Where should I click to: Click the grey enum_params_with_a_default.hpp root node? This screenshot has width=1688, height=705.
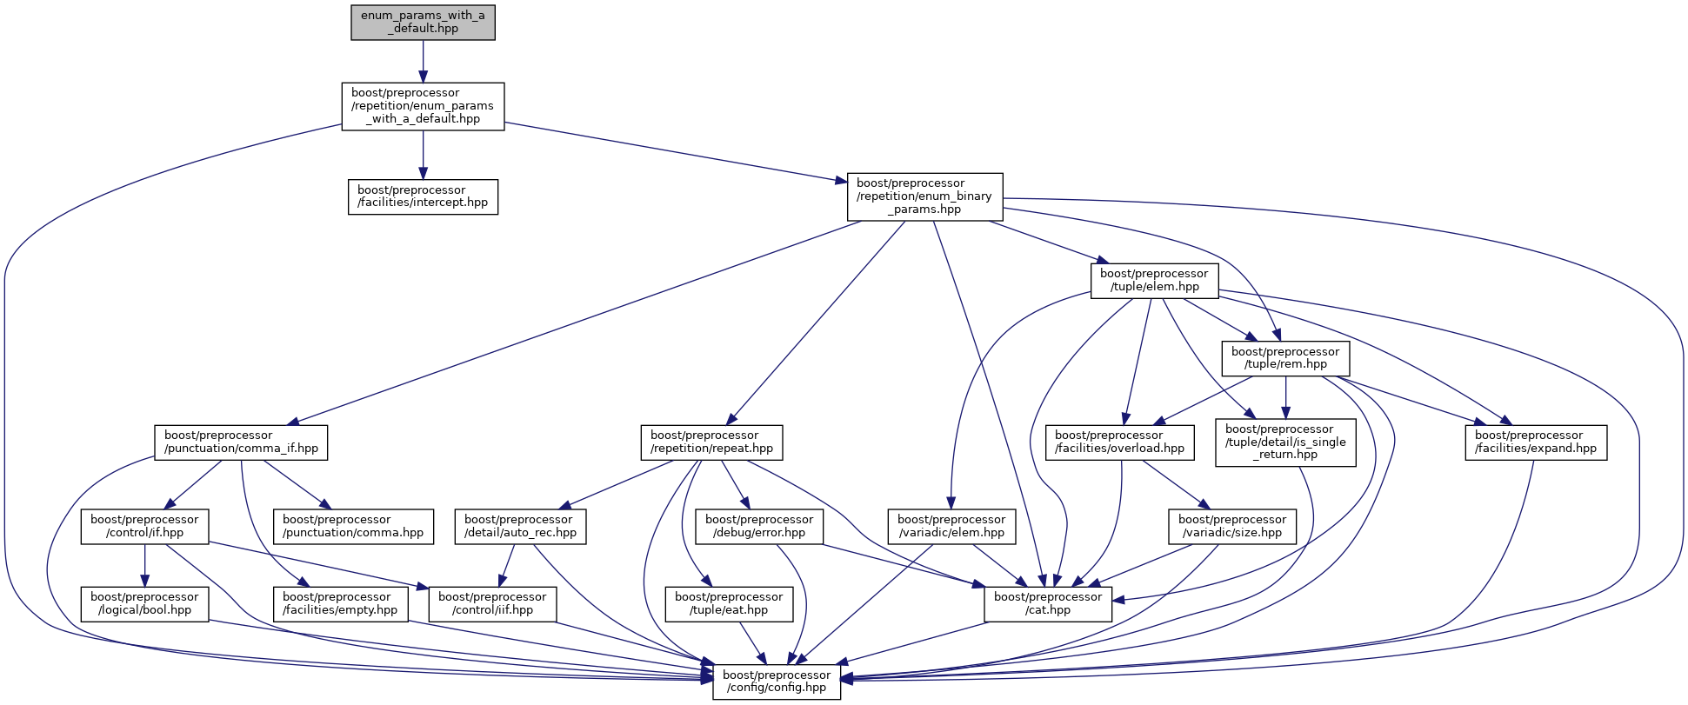click(423, 22)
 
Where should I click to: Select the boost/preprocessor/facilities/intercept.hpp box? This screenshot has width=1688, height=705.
click(423, 196)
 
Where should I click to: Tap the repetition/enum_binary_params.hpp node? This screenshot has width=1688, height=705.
click(924, 196)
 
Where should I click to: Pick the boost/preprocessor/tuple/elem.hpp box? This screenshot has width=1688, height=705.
click(1154, 280)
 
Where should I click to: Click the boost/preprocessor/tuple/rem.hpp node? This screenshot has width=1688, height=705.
click(1285, 358)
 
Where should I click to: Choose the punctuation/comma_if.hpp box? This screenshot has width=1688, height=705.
click(241, 442)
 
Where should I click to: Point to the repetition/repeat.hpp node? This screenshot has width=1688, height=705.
click(711, 442)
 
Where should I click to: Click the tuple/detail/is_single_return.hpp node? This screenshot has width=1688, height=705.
click(1285, 442)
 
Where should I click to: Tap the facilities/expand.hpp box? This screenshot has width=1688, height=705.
click(1536, 442)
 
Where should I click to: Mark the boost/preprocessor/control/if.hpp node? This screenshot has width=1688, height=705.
click(144, 526)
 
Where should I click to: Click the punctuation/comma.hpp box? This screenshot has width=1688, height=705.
click(353, 526)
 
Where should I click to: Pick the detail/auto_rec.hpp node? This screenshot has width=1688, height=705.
click(520, 526)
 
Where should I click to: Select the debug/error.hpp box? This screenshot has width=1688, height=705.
click(759, 526)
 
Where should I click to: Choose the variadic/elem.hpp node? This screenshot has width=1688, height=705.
click(951, 526)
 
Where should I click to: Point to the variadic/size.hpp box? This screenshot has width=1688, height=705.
click(1232, 526)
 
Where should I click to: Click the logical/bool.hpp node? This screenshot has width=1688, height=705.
click(144, 603)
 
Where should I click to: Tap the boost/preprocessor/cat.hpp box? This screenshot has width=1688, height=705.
click(1048, 603)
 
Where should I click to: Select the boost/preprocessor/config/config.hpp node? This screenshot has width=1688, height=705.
click(777, 682)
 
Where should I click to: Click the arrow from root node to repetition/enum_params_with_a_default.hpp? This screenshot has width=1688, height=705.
click(423, 61)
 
